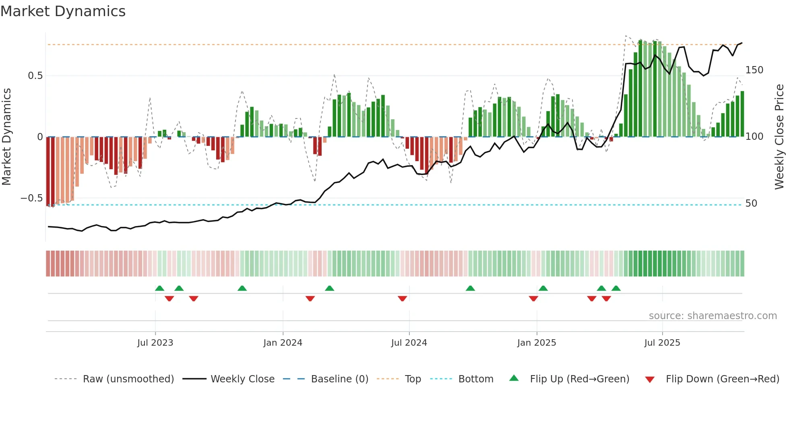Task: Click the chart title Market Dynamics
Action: click(x=63, y=11)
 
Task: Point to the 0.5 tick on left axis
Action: click(x=35, y=76)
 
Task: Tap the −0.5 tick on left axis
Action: click(x=32, y=198)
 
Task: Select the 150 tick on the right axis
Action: click(x=754, y=70)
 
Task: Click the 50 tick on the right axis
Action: click(x=751, y=203)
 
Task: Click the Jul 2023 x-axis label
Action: click(x=155, y=343)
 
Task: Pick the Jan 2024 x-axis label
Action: click(x=283, y=343)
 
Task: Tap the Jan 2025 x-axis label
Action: click(x=537, y=343)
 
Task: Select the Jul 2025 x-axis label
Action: click(x=662, y=343)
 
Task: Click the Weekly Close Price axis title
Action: click(x=779, y=137)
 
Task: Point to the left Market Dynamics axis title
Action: click(x=6, y=137)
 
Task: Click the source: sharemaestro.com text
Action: click(x=713, y=316)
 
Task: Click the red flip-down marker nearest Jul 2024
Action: click(x=402, y=299)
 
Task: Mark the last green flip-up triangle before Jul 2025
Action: click(x=616, y=288)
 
